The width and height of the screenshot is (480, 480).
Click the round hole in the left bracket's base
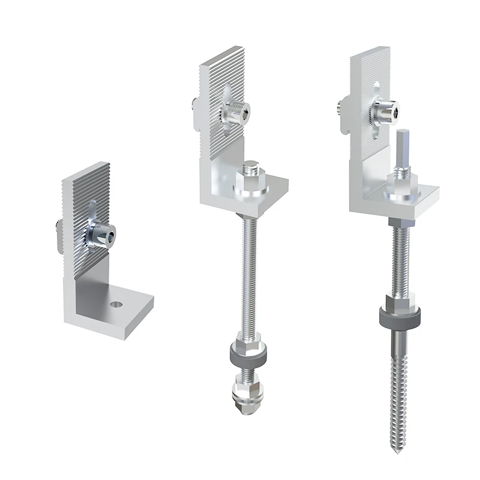point(115,304)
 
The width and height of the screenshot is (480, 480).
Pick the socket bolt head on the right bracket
point(385,109)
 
